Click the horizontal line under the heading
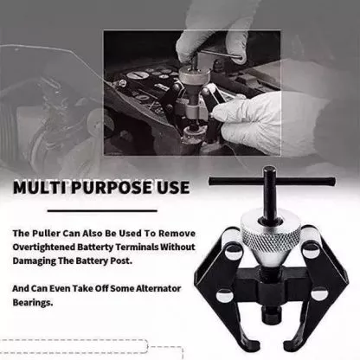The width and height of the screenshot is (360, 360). point(102,211)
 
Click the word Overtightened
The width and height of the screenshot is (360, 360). point(44,247)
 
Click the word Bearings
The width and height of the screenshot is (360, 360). point(33,303)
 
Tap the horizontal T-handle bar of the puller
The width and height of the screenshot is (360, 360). point(272,182)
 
